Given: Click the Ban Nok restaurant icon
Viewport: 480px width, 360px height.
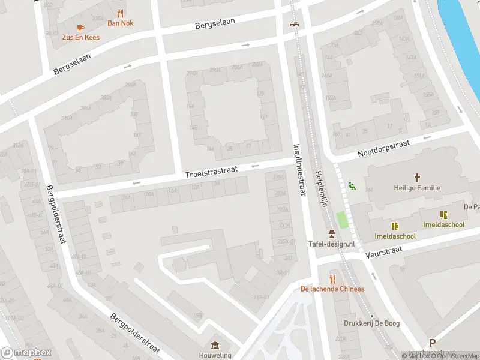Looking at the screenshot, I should pos(121,13).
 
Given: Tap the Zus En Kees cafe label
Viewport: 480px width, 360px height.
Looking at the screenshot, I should pos(81,37).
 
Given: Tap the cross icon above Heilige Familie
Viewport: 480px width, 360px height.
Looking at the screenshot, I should pos(418,178).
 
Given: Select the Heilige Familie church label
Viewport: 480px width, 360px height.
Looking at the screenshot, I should pos(418,188).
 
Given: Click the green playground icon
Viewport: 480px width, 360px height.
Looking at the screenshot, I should pos(352,187).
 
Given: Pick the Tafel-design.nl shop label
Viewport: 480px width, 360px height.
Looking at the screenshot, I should pos(331,244).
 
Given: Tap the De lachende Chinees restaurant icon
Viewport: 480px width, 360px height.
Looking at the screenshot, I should pos(332,279).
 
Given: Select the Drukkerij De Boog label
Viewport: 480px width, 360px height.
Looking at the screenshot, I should pos(372,323).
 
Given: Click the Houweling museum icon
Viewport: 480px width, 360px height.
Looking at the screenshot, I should pos(215,346).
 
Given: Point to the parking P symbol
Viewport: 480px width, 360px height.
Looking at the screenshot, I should pos(432,343).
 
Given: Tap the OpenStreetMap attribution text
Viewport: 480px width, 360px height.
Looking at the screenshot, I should pos(454,356).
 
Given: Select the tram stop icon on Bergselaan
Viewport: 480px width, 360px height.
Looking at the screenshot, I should pos(294,25).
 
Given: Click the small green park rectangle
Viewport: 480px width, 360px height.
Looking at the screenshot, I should pos(343,220).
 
